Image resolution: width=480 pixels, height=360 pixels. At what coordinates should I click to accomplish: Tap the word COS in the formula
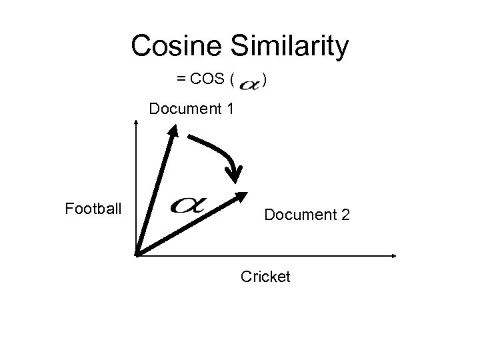point(208,81)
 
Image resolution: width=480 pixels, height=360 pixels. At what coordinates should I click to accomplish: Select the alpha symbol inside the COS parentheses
point(249,84)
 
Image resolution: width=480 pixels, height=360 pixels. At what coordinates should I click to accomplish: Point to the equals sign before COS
point(181,81)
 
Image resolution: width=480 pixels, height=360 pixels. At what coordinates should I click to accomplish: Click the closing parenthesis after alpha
point(265,81)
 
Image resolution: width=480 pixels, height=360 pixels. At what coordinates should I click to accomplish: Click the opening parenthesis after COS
point(231,81)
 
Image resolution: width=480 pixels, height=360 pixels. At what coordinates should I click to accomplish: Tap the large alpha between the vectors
point(189,205)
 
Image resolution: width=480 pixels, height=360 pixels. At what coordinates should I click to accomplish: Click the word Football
point(93,209)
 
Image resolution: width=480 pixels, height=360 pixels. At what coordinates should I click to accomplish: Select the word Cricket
point(265,276)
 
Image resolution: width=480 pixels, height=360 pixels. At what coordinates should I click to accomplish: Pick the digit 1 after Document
point(229,108)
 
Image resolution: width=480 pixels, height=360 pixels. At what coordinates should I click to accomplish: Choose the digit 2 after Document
point(345,215)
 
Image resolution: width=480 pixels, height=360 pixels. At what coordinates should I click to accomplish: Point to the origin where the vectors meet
point(136,254)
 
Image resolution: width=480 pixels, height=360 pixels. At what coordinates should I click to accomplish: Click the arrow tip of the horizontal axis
point(394,255)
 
